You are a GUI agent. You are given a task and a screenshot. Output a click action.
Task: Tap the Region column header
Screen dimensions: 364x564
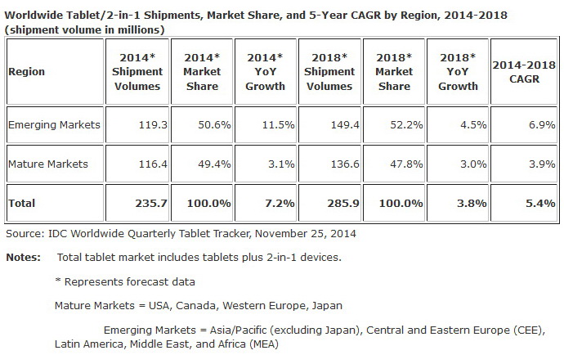(26, 71)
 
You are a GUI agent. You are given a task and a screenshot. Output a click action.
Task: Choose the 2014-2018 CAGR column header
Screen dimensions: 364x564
(523, 71)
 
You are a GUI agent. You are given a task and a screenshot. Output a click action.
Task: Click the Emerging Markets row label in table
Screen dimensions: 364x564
(53, 125)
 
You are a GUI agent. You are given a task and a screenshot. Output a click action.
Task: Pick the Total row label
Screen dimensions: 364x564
(22, 201)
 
